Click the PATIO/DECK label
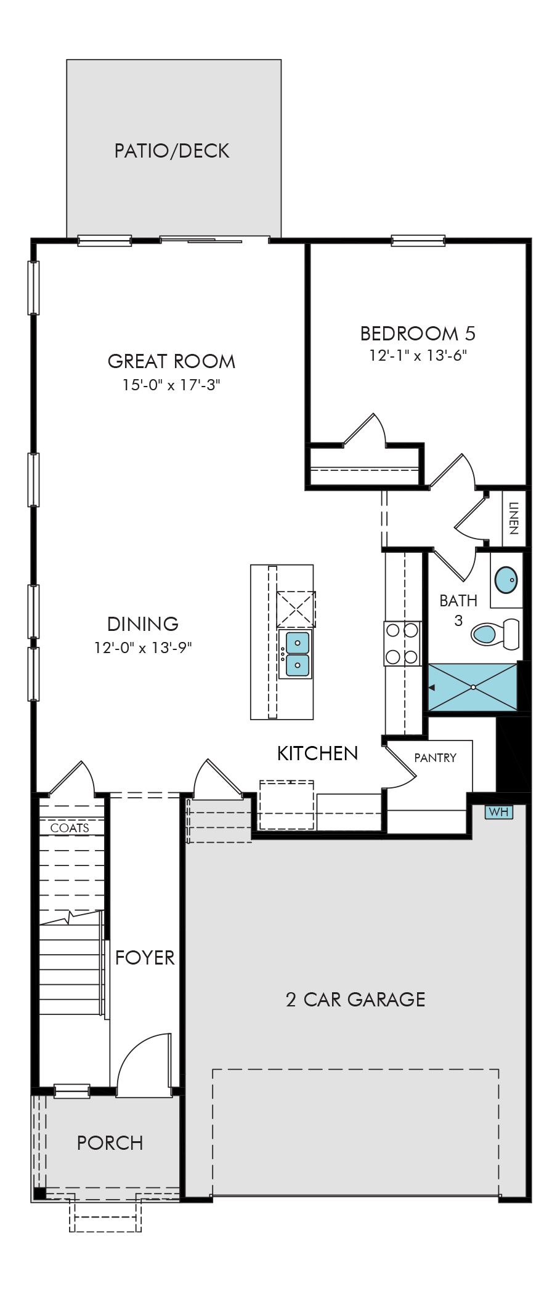point(172,151)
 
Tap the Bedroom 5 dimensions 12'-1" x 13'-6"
point(418,355)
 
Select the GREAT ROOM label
point(172,361)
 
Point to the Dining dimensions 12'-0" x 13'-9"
point(143,648)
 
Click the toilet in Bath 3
point(495,633)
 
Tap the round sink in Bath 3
point(506,580)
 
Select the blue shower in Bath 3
point(473,687)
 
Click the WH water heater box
point(498,812)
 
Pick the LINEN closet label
point(514,518)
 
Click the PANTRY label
point(436,758)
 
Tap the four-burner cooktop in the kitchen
point(402,643)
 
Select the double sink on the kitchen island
point(296,654)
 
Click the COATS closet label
point(70,828)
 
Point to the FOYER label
point(145,957)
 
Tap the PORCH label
point(110,1143)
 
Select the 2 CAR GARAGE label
point(355,999)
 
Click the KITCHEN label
point(317,753)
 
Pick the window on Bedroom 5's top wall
point(418,241)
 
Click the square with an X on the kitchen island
point(296,609)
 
